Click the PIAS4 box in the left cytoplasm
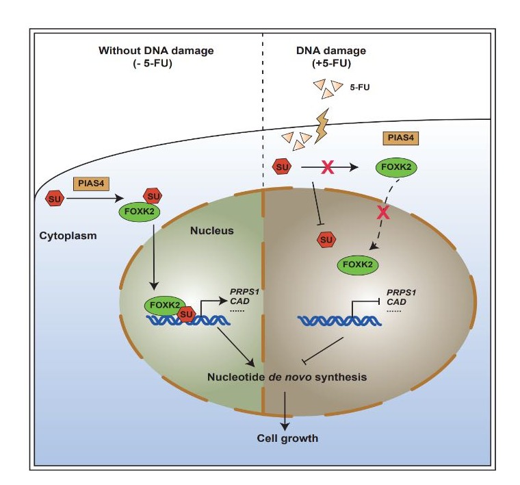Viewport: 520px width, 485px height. pos(91,184)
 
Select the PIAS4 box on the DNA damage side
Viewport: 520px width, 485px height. pos(401,138)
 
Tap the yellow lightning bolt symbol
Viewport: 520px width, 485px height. pos(322,126)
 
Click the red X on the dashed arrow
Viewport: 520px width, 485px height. pos(383,212)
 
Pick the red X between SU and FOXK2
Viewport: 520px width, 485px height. pos(328,166)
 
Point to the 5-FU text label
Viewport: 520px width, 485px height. pos(360,87)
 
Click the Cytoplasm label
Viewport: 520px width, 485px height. pos(68,236)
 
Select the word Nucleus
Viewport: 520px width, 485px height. pos(212,231)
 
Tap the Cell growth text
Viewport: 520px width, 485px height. pos(287,438)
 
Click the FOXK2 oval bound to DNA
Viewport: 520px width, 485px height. pos(165,305)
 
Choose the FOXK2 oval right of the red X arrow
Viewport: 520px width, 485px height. pos(396,167)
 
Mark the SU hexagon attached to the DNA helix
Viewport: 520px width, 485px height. pos(186,314)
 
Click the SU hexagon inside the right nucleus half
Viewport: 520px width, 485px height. pos(326,240)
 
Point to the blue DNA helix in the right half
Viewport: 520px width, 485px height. pos(339,321)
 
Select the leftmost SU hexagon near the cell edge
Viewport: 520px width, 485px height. pos(54,199)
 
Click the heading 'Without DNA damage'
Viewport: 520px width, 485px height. pos(156,51)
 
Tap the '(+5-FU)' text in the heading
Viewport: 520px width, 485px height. pos(331,63)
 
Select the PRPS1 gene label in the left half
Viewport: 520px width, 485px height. pos(245,292)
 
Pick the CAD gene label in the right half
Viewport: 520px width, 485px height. pos(396,302)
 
